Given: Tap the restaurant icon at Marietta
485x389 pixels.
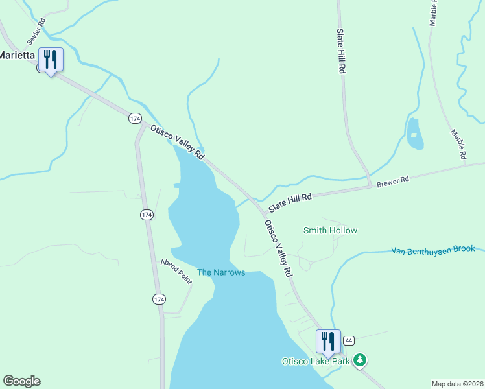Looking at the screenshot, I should tap(50, 60).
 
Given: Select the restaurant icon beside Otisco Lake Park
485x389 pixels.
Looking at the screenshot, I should tap(327, 341).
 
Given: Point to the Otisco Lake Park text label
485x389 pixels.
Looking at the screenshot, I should tap(315, 360).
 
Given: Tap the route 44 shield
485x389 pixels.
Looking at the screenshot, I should tap(349, 340).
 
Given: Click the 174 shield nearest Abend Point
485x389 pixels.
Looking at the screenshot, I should tap(159, 299).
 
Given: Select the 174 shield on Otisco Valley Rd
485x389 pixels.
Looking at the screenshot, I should tap(135, 118).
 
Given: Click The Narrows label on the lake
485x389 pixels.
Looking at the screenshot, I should tap(221, 272).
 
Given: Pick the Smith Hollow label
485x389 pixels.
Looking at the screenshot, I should tap(330, 230).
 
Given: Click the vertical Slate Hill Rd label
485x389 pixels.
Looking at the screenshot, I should tap(340, 52).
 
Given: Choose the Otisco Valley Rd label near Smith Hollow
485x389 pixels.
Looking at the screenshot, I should tap(278, 249).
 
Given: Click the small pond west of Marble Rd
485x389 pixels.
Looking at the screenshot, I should tap(414, 134).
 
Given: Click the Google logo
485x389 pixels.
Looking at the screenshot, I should tap(21, 381).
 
